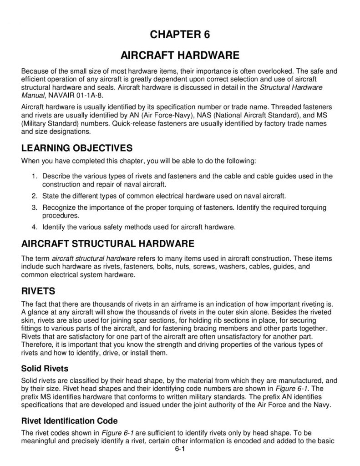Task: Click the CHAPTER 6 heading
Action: (180, 35)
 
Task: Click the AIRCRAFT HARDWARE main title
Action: (180, 56)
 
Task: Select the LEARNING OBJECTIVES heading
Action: (77, 148)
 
